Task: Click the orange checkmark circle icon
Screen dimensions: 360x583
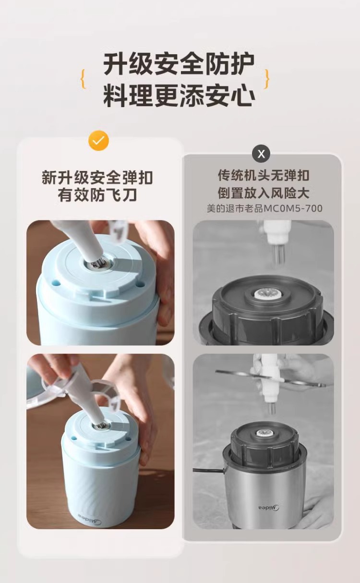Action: click(x=98, y=141)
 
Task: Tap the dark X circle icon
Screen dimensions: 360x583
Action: click(x=261, y=154)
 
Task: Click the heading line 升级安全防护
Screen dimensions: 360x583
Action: click(x=179, y=64)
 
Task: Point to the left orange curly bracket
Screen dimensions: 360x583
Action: click(x=83, y=79)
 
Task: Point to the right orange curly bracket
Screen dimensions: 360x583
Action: click(x=266, y=79)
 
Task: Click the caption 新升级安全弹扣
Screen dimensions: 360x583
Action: click(x=97, y=178)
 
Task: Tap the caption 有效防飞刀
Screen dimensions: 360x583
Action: click(x=97, y=195)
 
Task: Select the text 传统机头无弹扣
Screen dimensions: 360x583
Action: click(x=264, y=175)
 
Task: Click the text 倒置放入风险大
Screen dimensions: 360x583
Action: click(x=264, y=193)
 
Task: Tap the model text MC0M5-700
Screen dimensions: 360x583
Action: click(x=293, y=208)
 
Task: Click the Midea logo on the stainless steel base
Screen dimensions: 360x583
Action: click(x=269, y=507)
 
